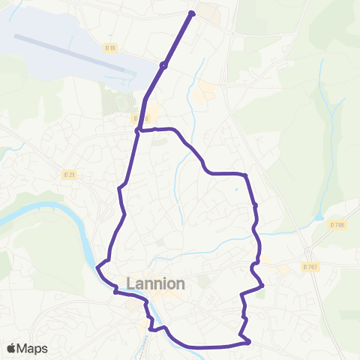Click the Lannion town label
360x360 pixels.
pos(155,284)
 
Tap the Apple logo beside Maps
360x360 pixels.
pos(11,348)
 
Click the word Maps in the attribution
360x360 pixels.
pos(33,348)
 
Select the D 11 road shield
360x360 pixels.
pos(111,48)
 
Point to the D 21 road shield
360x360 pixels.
pos(69,174)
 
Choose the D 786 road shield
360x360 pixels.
pos(336,224)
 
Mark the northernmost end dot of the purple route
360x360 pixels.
pos(192,13)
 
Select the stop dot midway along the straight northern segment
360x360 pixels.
pos(163,64)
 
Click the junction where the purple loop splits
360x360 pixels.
pos(138,131)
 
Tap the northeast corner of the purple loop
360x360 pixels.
pos(245,175)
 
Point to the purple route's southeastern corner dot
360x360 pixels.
pos(247,343)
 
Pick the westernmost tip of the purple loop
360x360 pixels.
pos(98,265)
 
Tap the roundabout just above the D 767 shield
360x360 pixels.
pos(307,250)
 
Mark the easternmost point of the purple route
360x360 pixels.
pos(262,285)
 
